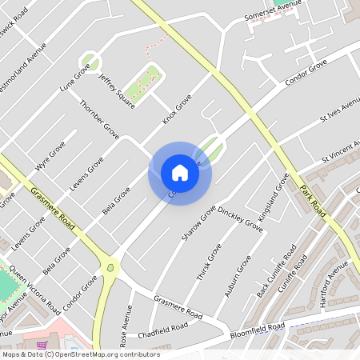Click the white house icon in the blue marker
179,173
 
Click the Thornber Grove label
99,119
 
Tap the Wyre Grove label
50,156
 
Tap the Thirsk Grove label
209,262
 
